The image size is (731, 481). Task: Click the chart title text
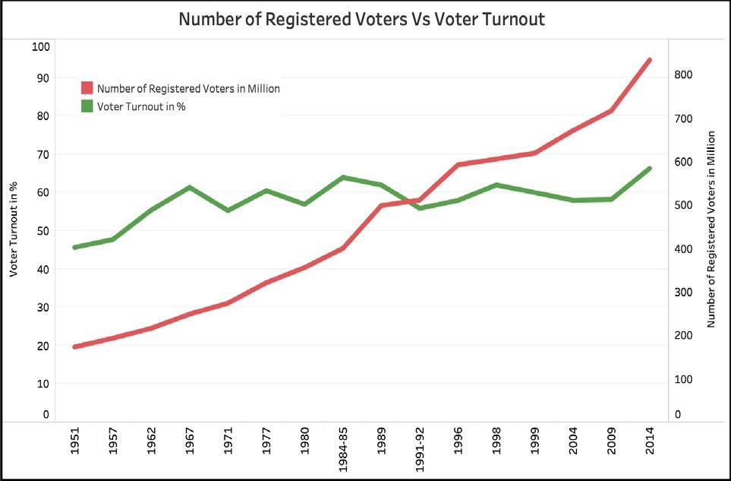(x=361, y=19)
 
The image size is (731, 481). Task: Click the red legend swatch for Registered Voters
(x=87, y=88)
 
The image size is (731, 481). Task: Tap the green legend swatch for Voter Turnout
(x=87, y=106)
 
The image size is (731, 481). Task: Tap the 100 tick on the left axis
(x=40, y=46)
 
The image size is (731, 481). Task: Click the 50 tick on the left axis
(x=40, y=230)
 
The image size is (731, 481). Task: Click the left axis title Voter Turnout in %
(x=13, y=230)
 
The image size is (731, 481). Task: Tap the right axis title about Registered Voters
(x=711, y=229)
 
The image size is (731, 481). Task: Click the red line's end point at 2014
(x=650, y=59)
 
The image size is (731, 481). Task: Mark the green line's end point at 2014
(x=650, y=168)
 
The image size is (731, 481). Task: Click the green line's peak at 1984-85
(x=343, y=178)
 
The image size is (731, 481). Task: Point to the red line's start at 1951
(x=74, y=347)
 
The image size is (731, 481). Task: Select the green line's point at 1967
(x=190, y=187)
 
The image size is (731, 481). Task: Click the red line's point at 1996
(x=458, y=164)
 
